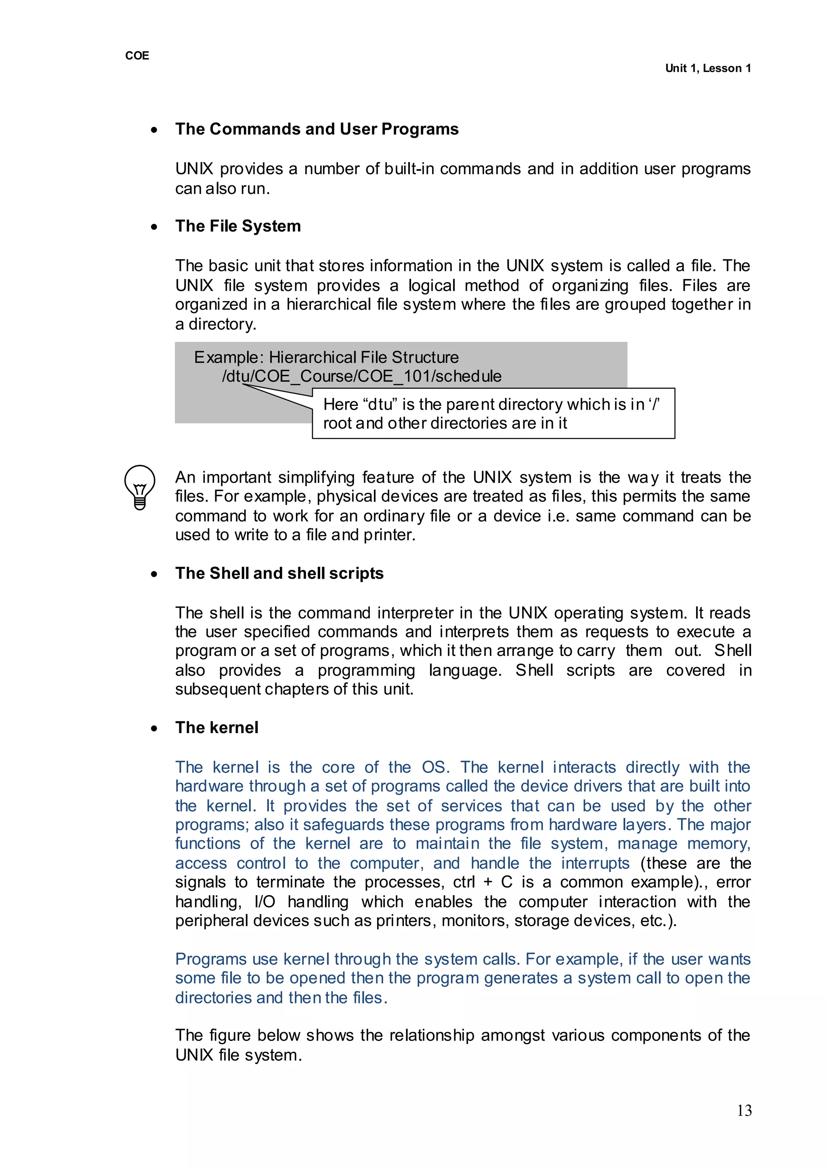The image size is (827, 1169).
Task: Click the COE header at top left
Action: (137, 55)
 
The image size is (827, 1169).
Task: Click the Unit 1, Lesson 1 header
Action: (707, 68)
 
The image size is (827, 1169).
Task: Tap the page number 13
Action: (743, 1110)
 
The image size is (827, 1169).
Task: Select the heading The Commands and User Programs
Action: (316, 129)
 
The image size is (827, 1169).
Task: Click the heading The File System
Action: (238, 226)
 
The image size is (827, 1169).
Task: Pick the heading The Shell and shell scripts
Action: (279, 573)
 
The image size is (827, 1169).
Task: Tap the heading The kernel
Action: (216, 727)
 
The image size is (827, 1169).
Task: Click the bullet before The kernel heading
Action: (154, 729)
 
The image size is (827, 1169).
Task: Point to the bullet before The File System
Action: (154, 227)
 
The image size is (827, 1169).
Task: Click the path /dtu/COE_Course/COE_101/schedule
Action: (361, 376)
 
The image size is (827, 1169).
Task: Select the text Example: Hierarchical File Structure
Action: (326, 357)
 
